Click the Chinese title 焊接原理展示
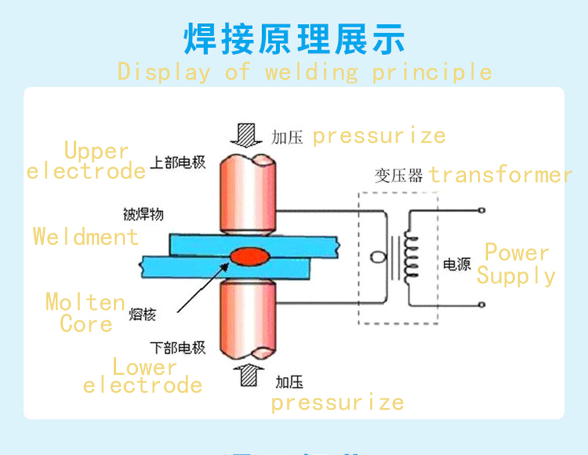tap(294, 39)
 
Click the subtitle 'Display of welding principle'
tap(304, 72)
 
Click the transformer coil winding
tap(410, 256)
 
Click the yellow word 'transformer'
tap(500, 175)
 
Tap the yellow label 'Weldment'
tap(86, 237)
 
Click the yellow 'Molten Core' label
tap(85, 313)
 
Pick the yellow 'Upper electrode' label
tap(86, 161)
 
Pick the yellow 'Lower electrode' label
tap(143, 375)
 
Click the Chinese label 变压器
tap(398, 175)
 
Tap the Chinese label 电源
tap(455, 264)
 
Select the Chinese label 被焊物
tap(143, 215)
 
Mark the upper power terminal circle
tap(483, 211)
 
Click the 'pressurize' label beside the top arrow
tap(378, 136)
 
